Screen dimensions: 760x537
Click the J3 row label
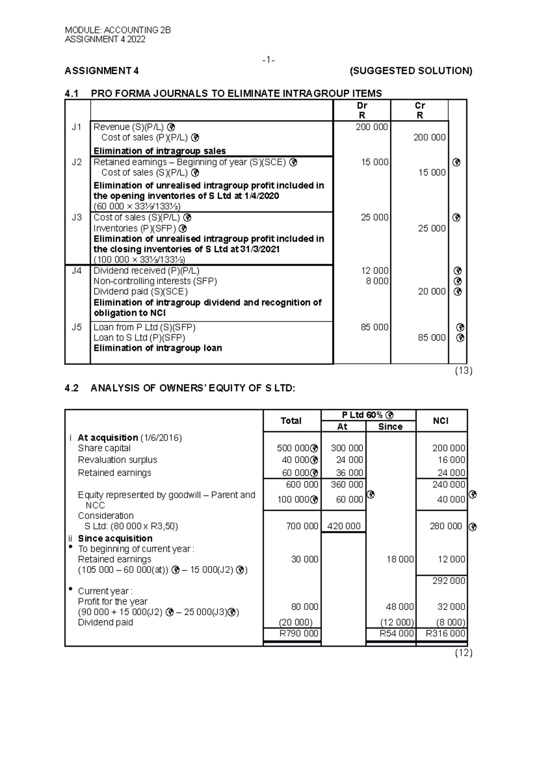click(77, 218)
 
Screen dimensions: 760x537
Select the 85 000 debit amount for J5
click(375, 327)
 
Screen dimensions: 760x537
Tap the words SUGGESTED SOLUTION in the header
click(411, 71)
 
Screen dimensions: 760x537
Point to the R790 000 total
click(298, 633)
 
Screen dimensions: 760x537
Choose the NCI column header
click(441, 421)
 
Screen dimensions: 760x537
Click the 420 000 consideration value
click(344, 526)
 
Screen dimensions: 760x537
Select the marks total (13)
click(464, 371)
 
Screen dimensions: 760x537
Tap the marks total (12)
click(464, 653)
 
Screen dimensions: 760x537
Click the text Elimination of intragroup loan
click(158, 348)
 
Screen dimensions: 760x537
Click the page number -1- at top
click(268, 60)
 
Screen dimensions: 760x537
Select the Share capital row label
click(104, 448)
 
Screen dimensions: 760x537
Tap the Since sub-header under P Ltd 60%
click(390, 427)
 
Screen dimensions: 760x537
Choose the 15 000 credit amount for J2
click(432, 173)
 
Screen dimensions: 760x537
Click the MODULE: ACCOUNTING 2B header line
click(118, 30)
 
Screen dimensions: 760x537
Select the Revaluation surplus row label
click(117, 460)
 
